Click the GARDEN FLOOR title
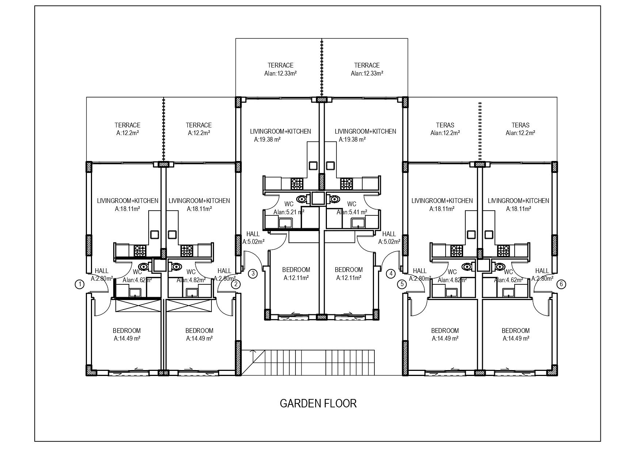pyautogui.click(x=318, y=403)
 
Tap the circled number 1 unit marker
pyautogui.click(x=80, y=284)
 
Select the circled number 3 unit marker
pyautogui.click(x=253, y=273)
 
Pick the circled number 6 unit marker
pyautogui.click(x=561, y=284)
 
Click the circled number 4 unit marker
pyautogui.click(x=391, y=273)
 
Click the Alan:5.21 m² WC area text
pyautogui.click(x=289, y=212)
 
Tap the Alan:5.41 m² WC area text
pyautogui.click(x=352, y=212)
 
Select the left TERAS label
pyautogui.click(x=445, y=125)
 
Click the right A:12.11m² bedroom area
pyautogui.click(x=349, y=278)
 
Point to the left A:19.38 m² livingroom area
pyautogui.click(x=267, y=139)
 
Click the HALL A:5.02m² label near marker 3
pyautogui.click(x=253, y=238)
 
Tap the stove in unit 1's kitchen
pyautogui.click(x=140, y=251)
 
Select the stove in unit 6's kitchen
pyautogui.click(x=503, y=251)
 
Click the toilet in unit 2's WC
pyautogui.click(x=176, y=267)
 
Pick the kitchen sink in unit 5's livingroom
pyautogui.click(x=472, y=234)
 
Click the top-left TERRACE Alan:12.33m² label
pyautogui.click(x=280, y=69)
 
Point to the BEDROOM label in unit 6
pyautogui.click(x=515, y=331)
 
